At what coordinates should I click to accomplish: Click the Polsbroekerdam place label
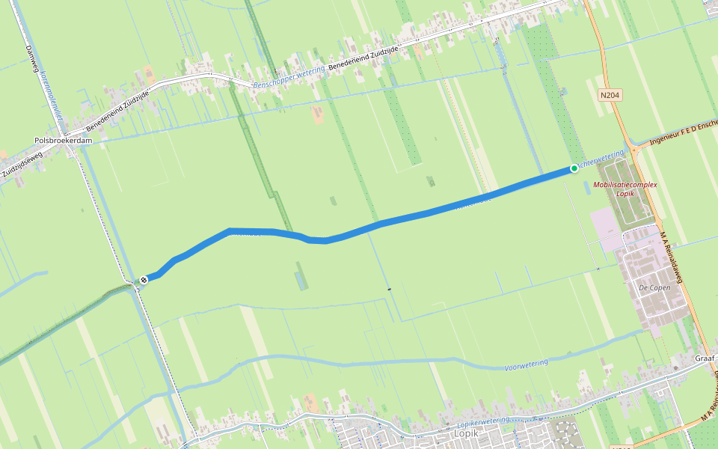tap(63, 140)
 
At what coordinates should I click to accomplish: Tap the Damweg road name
tap(31, 56)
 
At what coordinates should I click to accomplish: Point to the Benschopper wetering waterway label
tap(289, 77)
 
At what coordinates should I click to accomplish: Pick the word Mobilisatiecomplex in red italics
tap(625, 184)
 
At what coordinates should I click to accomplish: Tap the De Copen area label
tap(654, 287)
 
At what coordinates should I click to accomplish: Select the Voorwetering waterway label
tap(526, 364)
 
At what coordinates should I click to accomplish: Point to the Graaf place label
tap(705, 358)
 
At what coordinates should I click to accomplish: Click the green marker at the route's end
tap(574, 168)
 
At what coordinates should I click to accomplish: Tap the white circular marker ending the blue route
tap(143, 280)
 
